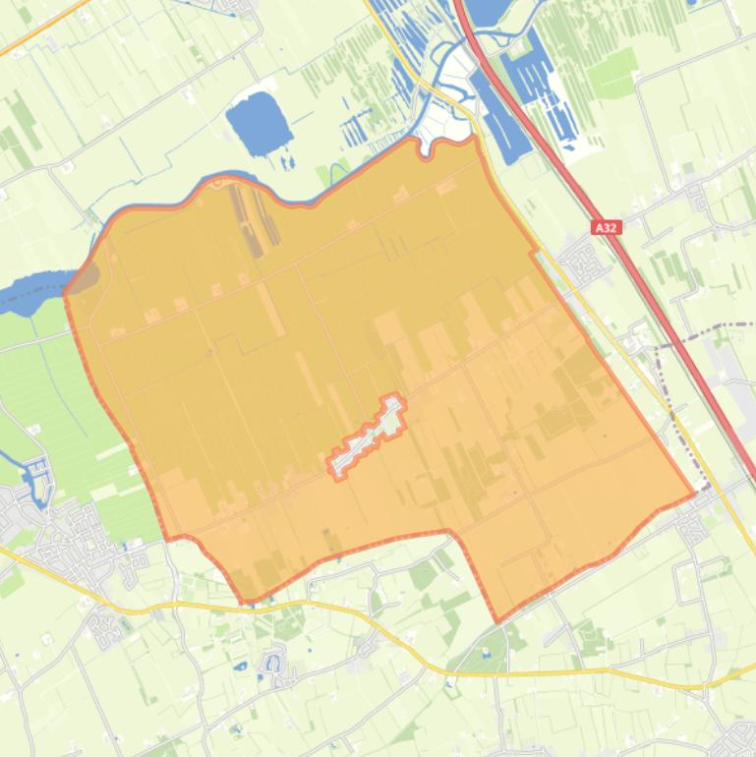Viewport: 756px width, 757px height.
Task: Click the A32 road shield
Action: click(x=607, y=227)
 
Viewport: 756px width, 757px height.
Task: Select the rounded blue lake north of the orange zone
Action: click(x=258, y=123)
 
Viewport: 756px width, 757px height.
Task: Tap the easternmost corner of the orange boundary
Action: click(x=694, y=491)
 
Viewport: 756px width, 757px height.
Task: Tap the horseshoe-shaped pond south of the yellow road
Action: click(x=274, y=666)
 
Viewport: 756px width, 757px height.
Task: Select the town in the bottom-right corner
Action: click(x=737, y=737)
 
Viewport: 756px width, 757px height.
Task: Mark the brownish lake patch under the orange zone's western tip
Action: click(x=87, y=277)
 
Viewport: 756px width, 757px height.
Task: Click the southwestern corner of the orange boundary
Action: click(x=245, y=601)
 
